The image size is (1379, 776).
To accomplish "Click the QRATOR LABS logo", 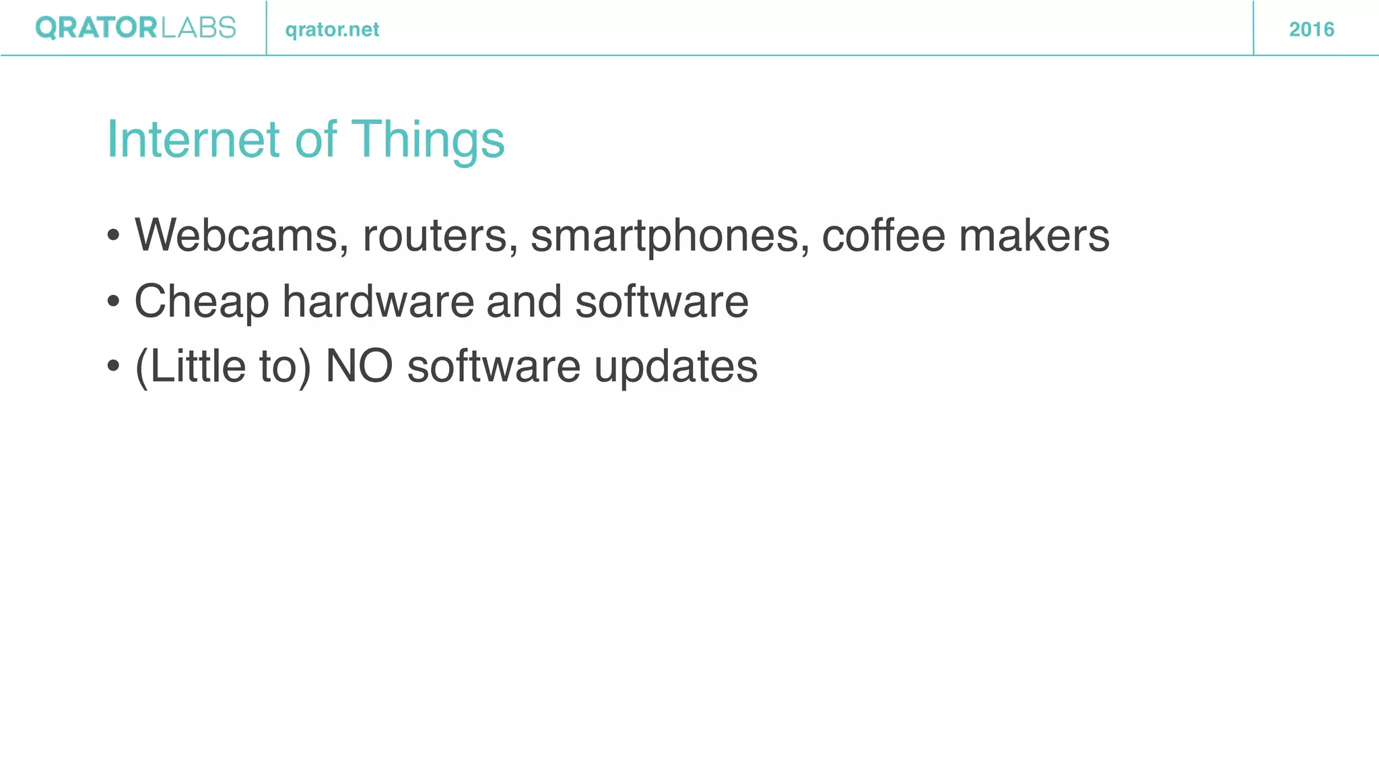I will [x=135, y=28].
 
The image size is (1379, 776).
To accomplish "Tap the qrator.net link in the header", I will [x=332, y=30].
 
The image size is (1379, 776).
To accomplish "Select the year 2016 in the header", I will [x=1311, y=30].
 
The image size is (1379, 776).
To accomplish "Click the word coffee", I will [x=883, y=235].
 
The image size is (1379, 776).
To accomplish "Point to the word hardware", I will [x=378, y=300].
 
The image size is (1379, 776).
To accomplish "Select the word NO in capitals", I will [x=359, y=366].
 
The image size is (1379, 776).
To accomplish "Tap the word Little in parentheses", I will [x=191, y=366].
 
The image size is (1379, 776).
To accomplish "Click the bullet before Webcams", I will [x=113, y=236].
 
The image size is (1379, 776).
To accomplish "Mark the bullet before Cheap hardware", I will [x=113, y=302].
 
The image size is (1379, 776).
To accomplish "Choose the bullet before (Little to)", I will [x=113, y=367].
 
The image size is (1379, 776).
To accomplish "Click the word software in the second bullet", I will [x=661, y=300].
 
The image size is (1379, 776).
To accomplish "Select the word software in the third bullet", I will [x=494, y=366].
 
